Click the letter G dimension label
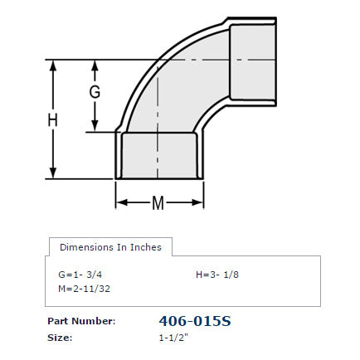(95, 92)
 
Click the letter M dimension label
(158, 202)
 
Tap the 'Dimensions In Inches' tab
(110, 247)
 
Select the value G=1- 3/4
(80, 274)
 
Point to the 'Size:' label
(60, 338)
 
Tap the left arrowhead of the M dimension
(119, 202)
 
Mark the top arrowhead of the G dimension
(95, 65)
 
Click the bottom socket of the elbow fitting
(158, 157)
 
